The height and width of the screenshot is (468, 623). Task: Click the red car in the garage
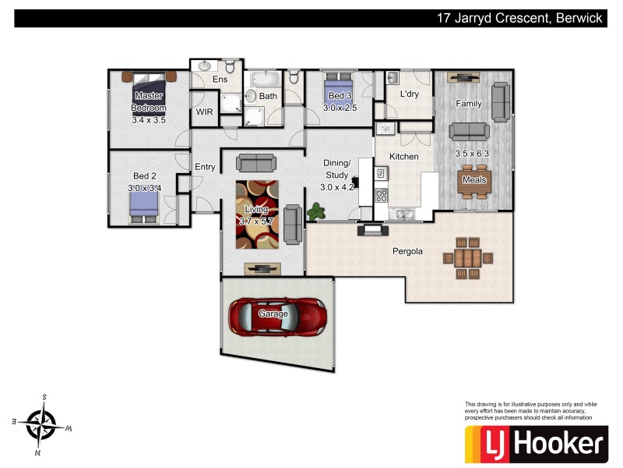tap(277, 315)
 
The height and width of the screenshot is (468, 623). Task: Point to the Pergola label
tap(407, 251)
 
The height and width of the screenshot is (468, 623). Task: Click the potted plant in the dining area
tap(316, 211)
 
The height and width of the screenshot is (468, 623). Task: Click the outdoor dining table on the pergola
tap(467, 257)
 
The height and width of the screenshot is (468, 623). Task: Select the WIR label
tap(204, 112)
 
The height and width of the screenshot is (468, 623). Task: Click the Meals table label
tap(474, 180)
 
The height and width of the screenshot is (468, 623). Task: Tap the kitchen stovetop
tap(382, 194)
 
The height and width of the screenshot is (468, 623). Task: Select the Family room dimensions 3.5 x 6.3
tap(472, 154)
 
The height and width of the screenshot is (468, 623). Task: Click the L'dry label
tap(410, 94)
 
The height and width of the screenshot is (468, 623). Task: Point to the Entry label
tap(205, 167)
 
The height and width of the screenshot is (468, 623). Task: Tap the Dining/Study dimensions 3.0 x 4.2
tap(337, 186)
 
